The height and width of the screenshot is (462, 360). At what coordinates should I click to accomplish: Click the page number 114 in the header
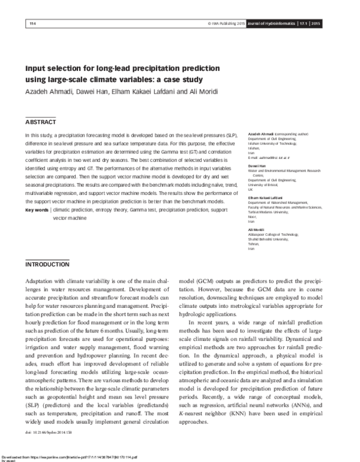pos(32,23)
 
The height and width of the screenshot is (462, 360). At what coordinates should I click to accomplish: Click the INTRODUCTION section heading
pos(47,265)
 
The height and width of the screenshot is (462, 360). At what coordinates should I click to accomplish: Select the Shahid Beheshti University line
pos(258,239)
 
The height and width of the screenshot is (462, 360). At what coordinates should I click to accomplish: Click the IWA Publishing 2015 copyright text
pos(226,23)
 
